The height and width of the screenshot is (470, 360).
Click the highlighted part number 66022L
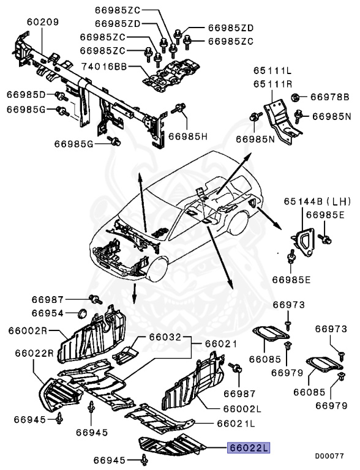249,448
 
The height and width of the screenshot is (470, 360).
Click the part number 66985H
188,136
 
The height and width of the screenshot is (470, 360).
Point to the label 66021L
235,423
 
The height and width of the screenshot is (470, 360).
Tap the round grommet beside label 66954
81,315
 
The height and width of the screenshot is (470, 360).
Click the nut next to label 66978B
295,97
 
